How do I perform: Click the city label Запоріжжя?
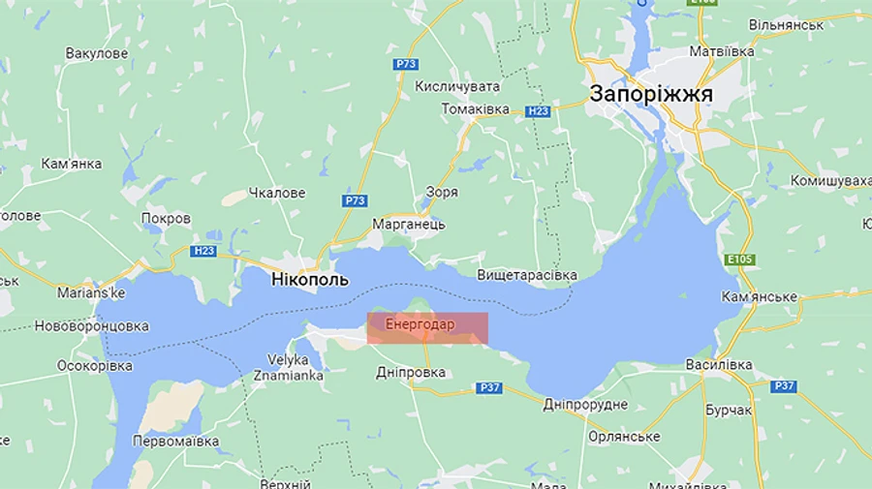[651, 94]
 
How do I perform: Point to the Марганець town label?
[408, 224]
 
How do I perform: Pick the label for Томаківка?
[475, 108]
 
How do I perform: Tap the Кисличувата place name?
[457, 86]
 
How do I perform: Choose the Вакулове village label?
[96, 53]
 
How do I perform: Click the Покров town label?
[166, 218]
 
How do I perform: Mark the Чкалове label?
[277, 193]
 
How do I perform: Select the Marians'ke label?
[91, 291]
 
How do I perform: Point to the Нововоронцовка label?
[92, 326]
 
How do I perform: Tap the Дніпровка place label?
[410, 372]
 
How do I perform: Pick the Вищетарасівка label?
[527, 275]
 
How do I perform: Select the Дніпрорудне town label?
[585, 404]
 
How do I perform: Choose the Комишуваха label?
[830, 181]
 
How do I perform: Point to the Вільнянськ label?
[786, 23]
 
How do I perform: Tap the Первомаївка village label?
[176, 442]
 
